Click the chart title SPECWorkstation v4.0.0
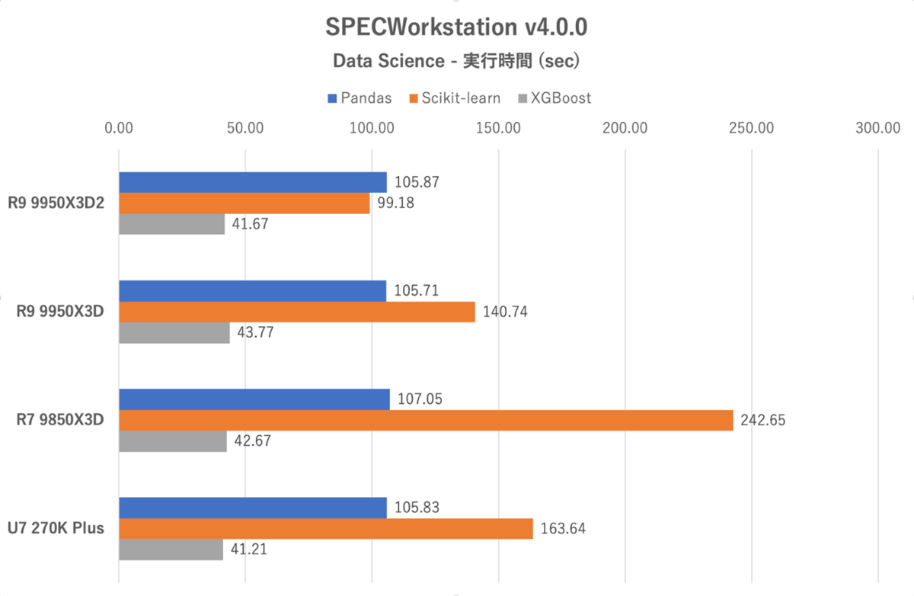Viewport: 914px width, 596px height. click(x=456, y=27)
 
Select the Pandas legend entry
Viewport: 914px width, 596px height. click(x=360, y=98)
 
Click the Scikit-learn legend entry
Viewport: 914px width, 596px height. click(x=455, y=98)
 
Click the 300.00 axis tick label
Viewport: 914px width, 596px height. click(x=877, y=127)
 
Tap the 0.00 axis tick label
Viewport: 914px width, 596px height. click(x=119, y=127)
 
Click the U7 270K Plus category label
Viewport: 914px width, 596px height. click(x=57, y=528)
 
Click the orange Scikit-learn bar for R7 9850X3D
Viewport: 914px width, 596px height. click(x=426, y=420)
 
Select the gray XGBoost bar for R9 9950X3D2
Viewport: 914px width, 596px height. click(x=171, y=225)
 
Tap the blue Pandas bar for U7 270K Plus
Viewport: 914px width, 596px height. click(x=252, y=508)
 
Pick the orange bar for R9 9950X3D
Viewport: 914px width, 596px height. click(x=297, y=312)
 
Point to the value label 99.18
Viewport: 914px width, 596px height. click(x=397, y=204)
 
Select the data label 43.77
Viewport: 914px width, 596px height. click(x=256, y=333)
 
